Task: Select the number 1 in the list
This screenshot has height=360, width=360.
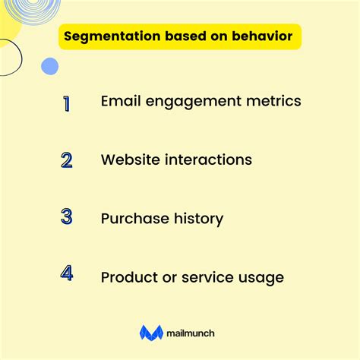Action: coord(67,103)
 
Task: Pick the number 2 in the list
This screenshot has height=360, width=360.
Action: coord(67,160)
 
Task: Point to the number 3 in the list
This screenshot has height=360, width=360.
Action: coord(67,218)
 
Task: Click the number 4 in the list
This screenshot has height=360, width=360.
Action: coord(67,274)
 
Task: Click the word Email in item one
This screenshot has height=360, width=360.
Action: coord(120,102)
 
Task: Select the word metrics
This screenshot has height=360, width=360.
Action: coord(274,102)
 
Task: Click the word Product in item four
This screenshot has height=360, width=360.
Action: coord(128,277)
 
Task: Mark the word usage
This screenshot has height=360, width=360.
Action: coord(260,278)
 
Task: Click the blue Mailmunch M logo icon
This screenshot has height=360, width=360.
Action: coord(151,332)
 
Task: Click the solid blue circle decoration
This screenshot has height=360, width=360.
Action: coord(49,66)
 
